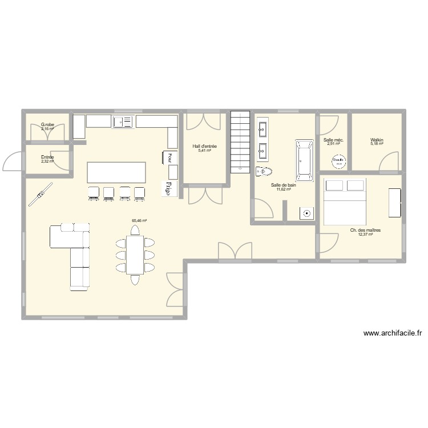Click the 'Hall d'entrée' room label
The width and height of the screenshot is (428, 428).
[204, 146]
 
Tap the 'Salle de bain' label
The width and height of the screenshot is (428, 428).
[284, 185]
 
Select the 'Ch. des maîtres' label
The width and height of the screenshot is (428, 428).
[365, 231]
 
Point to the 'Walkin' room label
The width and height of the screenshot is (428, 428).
[377, 139]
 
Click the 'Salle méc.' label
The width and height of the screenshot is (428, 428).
[333, 140]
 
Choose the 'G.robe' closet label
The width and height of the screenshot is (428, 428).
[47, 124]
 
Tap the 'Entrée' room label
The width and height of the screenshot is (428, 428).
[47, 157]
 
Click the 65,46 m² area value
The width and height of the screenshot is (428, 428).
[139, 220]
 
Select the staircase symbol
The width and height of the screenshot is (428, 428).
[240, 141]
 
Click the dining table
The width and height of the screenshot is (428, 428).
[135, 254]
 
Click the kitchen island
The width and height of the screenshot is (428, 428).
[116, 171]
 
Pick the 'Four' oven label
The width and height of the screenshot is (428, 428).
[169, 157]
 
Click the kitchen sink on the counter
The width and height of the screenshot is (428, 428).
[123, 121]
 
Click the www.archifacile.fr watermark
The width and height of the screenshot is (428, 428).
[392, 334]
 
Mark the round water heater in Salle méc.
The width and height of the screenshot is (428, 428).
[339, 160]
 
